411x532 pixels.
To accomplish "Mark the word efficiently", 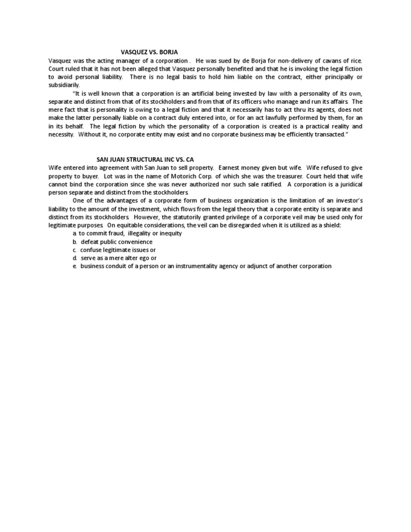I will [x=281, y=134].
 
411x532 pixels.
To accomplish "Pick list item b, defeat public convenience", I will [x=116, y=241].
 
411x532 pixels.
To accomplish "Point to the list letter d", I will [x=75, y=258].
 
